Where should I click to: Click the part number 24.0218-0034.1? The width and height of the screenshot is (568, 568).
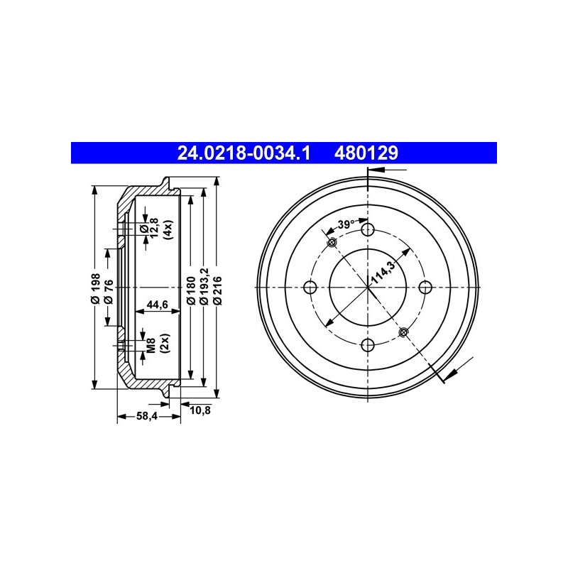pos(244,153)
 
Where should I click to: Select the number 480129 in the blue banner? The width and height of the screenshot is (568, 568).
pos(366,153)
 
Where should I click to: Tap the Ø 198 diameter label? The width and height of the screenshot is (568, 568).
pos(96,288)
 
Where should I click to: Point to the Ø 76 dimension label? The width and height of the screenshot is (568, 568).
pos(109,292)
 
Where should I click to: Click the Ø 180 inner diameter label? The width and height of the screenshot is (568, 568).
pos(191,290)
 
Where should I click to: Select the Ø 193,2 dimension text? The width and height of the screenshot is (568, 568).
pos(204,286)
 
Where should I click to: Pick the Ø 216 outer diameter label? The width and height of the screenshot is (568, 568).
pos(217,290)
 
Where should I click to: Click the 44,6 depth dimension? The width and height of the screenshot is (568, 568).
pos(157,305)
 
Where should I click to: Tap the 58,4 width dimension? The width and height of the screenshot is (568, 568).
pos(147,416)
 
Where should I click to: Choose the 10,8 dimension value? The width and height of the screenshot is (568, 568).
pos(200,410)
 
